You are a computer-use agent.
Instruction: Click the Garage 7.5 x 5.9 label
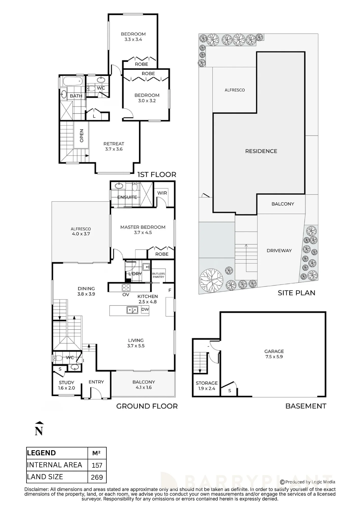point(274,354)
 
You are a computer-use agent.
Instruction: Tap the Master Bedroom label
point(143,227)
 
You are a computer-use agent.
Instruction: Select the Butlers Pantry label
point(158,275)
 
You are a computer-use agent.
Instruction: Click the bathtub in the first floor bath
point(73,81)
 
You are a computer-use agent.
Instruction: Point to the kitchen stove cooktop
point(126,287)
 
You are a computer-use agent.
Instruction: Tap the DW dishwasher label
point(145,309)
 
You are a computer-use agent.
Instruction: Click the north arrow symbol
point(39,429)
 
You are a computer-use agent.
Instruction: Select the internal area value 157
point(97,465)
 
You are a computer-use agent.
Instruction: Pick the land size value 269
point(97,477)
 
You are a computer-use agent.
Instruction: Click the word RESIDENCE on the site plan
point(261,151)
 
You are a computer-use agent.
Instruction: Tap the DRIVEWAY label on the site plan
point(279,250)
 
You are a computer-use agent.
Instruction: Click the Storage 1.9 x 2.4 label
point(206,386)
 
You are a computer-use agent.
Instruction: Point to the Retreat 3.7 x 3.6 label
point(114,146)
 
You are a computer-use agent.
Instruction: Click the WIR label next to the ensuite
point(162,193)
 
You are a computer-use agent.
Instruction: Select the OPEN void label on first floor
point(81,136)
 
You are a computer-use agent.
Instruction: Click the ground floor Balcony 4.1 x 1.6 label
point(144,385)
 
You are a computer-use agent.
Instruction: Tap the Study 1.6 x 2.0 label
point(66,385)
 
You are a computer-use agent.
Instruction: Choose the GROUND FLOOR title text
point(147,406)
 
